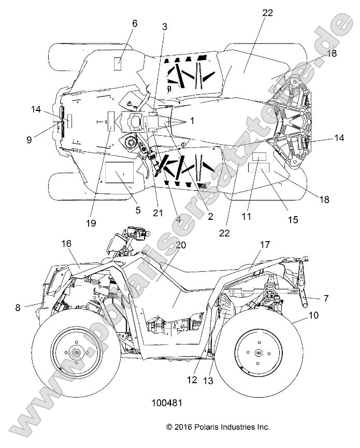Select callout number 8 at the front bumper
pos(18,307)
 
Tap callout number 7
pos(325,298)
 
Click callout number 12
pos(193,380)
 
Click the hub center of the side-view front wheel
pos(77,353)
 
